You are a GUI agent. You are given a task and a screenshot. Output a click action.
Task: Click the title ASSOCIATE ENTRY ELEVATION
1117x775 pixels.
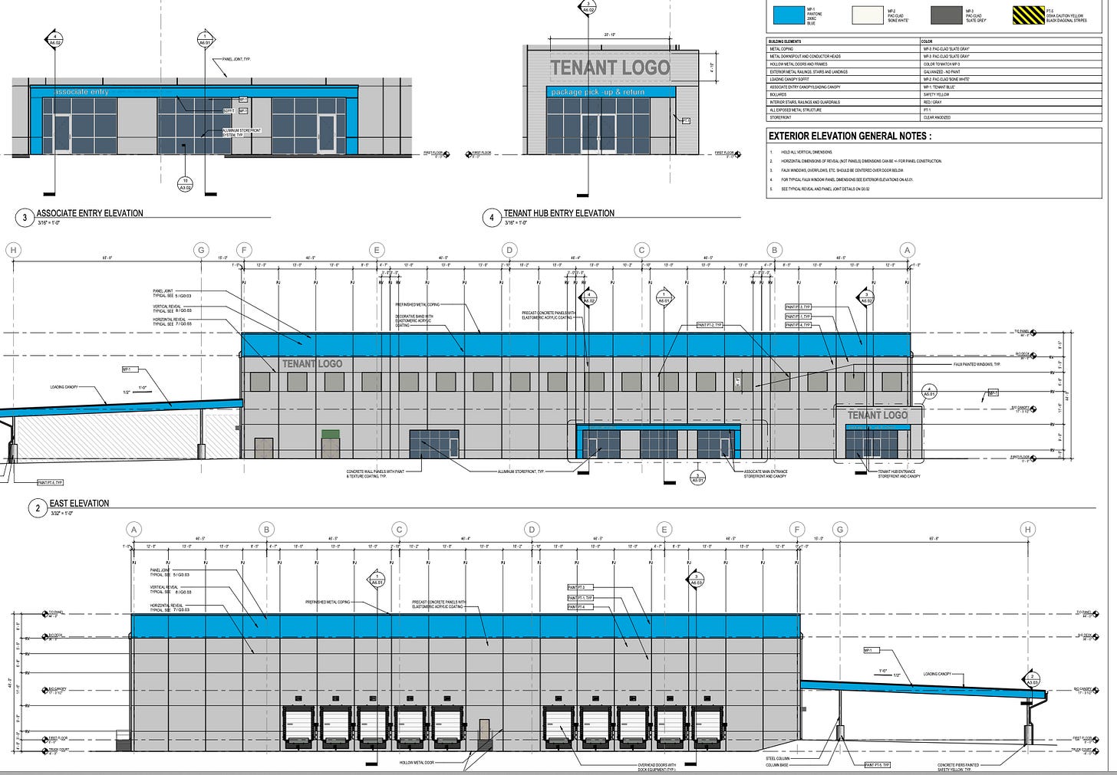point(90,213)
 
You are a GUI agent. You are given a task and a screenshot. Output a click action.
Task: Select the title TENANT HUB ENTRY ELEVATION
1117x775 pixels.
point(558,213)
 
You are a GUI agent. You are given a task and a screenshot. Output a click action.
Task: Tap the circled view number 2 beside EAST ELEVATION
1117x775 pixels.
point(38,507)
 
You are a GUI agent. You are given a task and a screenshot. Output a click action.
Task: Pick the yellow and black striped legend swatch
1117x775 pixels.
point(1027,15)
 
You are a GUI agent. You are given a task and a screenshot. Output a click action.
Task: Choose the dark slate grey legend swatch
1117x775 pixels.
point(946,15)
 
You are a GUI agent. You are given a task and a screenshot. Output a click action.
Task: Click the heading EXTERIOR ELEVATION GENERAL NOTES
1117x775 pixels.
point(850,136)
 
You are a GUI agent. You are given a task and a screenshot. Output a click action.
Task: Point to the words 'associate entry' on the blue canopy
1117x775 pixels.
point(81,93)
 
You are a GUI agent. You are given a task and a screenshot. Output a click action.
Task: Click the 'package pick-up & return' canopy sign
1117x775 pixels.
point(598,93)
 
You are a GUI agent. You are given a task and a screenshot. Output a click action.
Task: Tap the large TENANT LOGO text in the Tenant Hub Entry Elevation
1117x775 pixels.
point(610,68)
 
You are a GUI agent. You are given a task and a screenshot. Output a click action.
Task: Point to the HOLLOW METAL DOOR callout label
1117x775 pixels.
point(417,763)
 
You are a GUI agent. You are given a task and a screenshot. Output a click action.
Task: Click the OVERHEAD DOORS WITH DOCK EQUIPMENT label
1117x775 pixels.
point(657,766)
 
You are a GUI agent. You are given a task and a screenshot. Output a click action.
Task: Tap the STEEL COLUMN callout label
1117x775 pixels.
point(779,759)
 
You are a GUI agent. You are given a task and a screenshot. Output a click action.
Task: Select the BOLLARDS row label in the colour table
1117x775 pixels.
point(777,94)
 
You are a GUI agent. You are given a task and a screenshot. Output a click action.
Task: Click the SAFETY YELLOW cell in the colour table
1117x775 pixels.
point(937,94)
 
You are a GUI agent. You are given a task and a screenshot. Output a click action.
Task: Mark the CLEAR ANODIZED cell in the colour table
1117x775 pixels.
point(938,117)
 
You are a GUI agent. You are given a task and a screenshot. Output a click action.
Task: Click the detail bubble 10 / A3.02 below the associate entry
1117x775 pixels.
point(185,184)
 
